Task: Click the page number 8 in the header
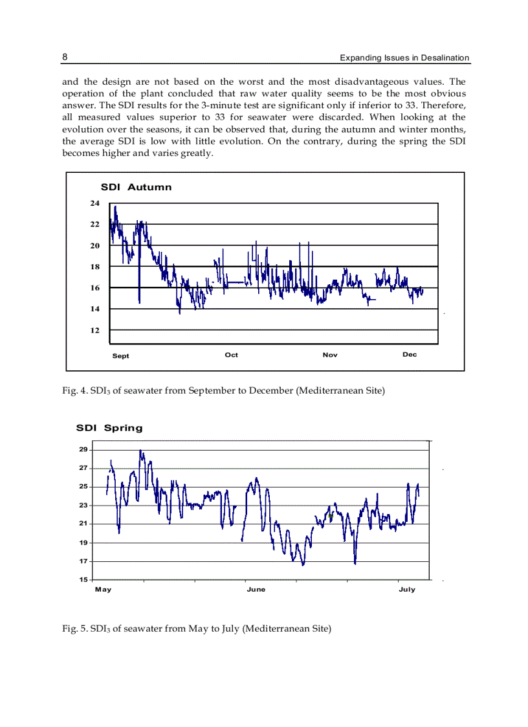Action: (x=65, y=57)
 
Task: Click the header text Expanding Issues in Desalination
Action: (x=404, y=58)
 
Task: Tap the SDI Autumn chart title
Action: (x=136, y=187)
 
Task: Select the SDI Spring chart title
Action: (x=109, y=428)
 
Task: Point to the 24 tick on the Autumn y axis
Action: (x=94, y=203)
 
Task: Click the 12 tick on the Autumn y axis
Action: (x=94, y=330)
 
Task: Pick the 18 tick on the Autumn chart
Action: (x=94, y=267)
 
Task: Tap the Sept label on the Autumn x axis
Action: (x=120, y=356)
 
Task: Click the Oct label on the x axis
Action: (x=231, y=355)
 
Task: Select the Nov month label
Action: (x=330, y=355)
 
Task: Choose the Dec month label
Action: (x=410, y=355)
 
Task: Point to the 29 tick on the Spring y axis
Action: (x=83, y=449)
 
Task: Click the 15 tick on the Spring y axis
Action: (x=83, y=579)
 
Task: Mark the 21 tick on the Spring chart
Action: (x=83, y=524)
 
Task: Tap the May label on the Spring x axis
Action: (x=103, y=590)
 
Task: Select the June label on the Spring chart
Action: (x=256, y=590)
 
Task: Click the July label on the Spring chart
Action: (x=407, y=590)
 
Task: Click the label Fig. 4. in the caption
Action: (x=72, y=390)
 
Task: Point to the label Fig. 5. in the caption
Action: (x=72, y=628)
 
